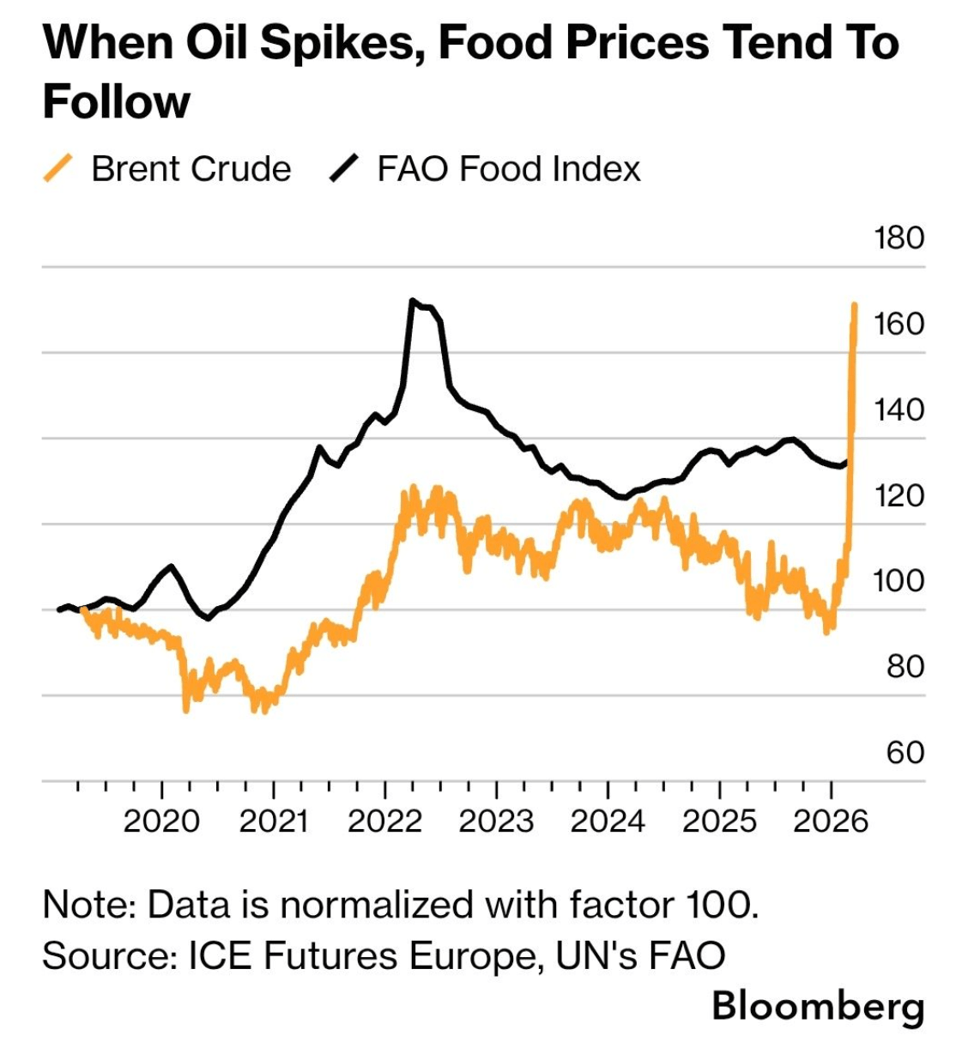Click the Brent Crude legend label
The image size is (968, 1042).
click(191, 169)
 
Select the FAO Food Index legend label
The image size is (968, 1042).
click(508, 169)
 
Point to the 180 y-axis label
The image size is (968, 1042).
click(898, 238)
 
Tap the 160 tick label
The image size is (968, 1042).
click(898, 324)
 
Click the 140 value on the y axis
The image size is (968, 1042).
click(898, 409)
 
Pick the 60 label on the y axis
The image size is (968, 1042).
click(905, 753)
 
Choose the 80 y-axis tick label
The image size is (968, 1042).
click(905, 667)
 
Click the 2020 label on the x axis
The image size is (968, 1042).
click(161, 821)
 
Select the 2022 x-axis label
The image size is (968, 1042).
click(384, 821)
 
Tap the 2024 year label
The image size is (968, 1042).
click(608, 821)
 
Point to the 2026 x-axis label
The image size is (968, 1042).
click(831, 821)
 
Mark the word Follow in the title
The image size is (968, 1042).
click(116, 101)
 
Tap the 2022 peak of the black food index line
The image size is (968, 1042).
click(413, 301)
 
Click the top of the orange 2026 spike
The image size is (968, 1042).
click(855, 305)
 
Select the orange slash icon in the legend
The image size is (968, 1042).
click(57, 168)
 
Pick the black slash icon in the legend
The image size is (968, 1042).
click(343, 168)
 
